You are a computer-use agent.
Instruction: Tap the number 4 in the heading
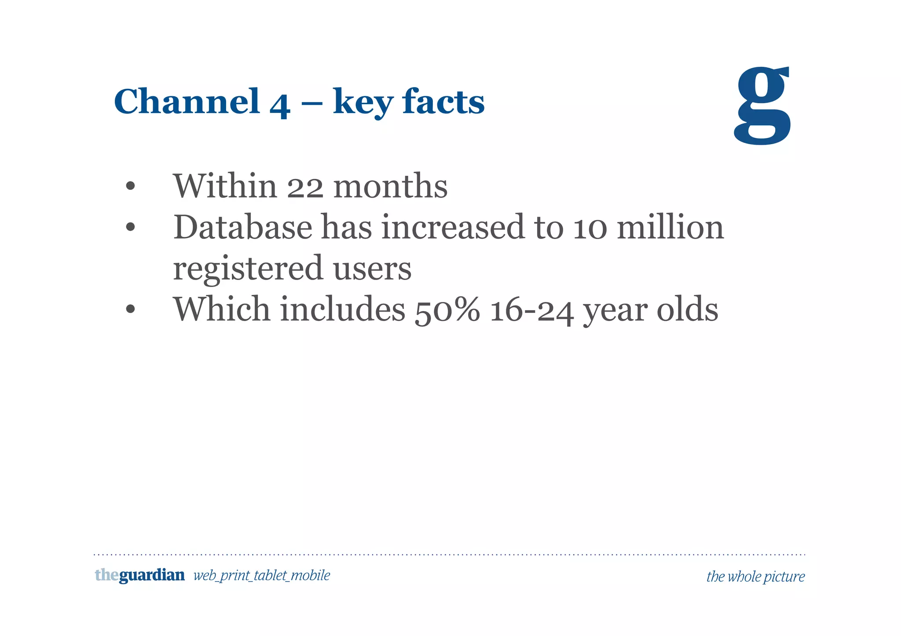click(280, 104)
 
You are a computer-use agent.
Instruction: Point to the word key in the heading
click(363, 104)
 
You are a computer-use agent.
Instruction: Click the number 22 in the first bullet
click(305, 186)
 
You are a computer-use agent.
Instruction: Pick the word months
click(391, 186)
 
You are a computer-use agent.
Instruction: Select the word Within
click(225, 186)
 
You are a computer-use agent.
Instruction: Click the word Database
click(243, 227)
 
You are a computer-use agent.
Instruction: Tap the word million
click(670, 227)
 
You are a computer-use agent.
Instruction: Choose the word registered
click(248, 269)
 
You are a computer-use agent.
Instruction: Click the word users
click(372, 269)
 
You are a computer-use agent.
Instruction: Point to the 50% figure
click(447, 309)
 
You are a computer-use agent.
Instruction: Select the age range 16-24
click(531, 309)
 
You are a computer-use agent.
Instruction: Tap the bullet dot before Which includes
click(130, 309)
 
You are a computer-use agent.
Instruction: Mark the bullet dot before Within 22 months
click(130, 186)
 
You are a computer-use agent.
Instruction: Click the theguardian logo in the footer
click(139, 575)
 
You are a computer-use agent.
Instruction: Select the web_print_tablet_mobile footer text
click(262, 576)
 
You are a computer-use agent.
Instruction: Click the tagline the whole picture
click(755, 577)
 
